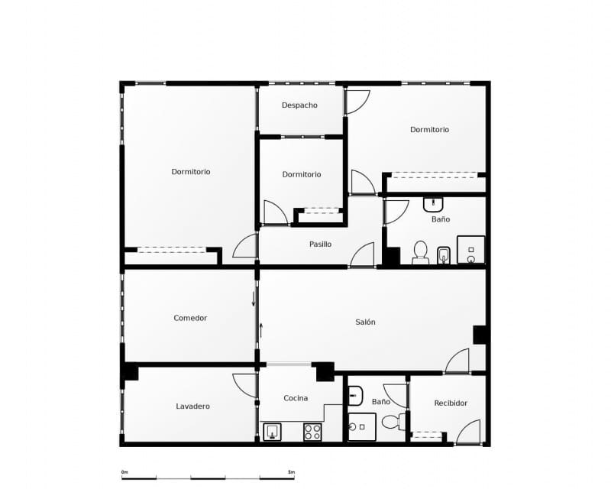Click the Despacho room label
[299, 105]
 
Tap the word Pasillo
[320, 244]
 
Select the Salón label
[365, 322]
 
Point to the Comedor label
[190, 318]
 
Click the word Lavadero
[192, 406]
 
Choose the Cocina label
[296, 398]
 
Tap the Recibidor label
[451, 403]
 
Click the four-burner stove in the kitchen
[312, 432]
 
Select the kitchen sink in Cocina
[273, 432]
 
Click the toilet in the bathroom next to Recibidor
[390, 421]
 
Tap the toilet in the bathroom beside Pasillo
[420, 251]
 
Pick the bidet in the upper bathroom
[444, 254]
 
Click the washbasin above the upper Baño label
[433, 204]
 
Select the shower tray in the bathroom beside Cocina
[361, 426]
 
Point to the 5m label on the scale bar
[291, 472]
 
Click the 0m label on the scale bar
[124, 472]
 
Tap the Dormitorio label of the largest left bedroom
[191, 172]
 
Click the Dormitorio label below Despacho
[302, 174]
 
